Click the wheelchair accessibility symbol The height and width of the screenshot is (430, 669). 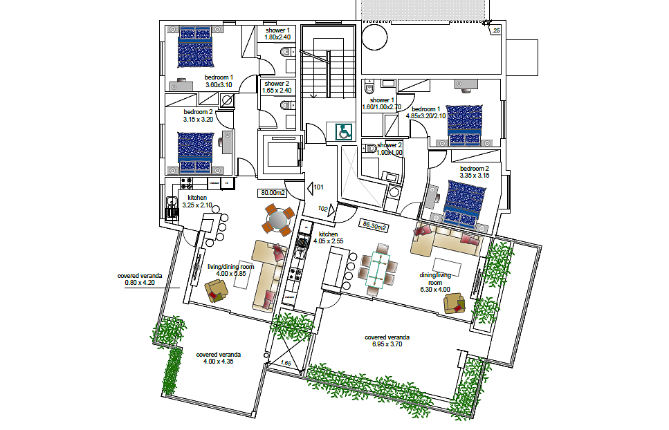click(x=344, y=131)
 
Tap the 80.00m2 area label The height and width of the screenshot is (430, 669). click(x=273, y=193)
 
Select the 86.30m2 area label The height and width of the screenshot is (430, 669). click(x=374, y=225)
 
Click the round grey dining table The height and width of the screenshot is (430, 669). click(x=279, y=219)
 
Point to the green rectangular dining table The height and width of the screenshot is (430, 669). click(x=377, y=269)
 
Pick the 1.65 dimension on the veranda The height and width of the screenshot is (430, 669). click(x=286, y=363)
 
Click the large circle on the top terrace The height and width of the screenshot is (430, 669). click(x=374, y=37)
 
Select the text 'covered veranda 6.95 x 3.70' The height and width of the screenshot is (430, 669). click(x=387, y=341)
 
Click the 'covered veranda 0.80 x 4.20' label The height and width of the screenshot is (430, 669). click(x=140, y=279)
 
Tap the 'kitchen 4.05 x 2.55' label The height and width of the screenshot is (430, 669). click(x=328, y=237)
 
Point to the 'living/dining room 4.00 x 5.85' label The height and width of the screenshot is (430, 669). click(x=231, y=270)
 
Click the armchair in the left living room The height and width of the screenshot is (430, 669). click(x=217, y=291)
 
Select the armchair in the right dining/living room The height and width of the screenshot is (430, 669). click(x=455, y=303)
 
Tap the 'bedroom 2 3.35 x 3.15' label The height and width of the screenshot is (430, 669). click(x=475, y=171)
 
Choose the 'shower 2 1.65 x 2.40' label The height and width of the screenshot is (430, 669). click(x=277, y=87)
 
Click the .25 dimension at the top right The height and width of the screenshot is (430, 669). click(x=496, y=30)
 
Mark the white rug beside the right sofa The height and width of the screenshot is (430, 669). click(x=448, y=268)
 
